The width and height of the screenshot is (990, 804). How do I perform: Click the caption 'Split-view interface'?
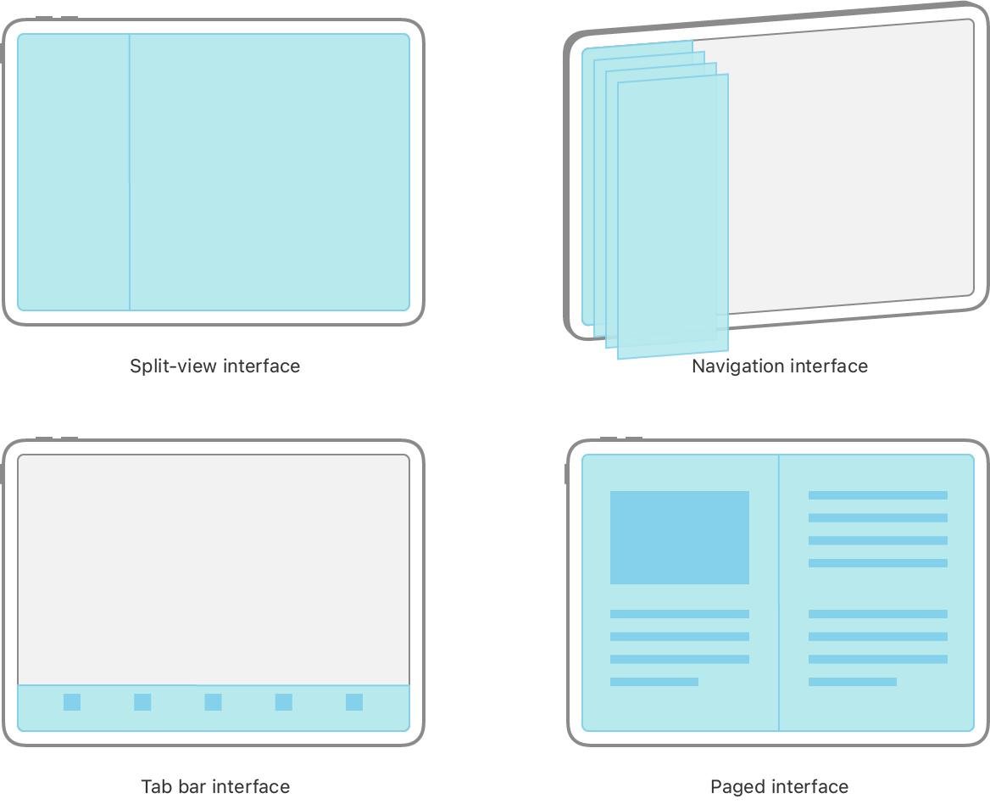(x=214, y=366)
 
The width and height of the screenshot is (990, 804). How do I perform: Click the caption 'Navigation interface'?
(x=780, y=366)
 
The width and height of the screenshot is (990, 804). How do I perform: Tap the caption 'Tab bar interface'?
(x=215, y=786)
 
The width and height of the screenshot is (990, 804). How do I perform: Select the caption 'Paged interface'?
(x=779, y=786)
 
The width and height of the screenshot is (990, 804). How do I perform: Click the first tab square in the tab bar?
(x=72, y=702)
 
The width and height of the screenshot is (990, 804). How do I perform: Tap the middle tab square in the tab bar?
(x=214, y=702)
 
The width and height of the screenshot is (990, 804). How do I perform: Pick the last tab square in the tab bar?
(x=354, y=702)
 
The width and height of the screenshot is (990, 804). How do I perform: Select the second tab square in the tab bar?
(x=142, y=702)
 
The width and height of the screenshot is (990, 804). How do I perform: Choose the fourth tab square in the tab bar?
(x=283, y=702)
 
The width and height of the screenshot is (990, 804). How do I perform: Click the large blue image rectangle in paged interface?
(x=680, y=538)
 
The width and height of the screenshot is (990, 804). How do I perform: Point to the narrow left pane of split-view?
(x=74, y=172)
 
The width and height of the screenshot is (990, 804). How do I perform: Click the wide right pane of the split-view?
(x=270, y=172)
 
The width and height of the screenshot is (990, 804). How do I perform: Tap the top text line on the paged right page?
(x=877, y=495)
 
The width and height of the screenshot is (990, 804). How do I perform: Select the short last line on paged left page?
(x=654, y=682)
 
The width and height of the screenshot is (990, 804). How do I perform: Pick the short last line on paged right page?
(x=853, y=682)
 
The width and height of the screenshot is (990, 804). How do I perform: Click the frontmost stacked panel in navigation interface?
(x=673, y=216)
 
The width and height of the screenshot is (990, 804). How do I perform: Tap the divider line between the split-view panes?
(x=130, y=172)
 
